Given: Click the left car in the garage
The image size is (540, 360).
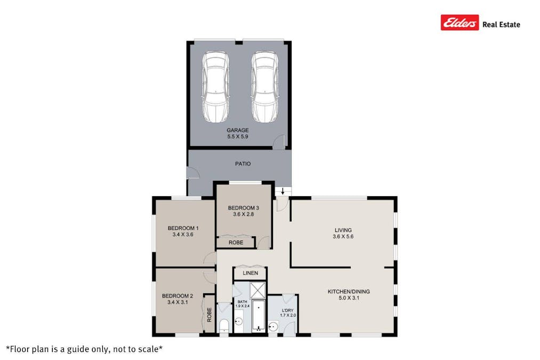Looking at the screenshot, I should (215, 87).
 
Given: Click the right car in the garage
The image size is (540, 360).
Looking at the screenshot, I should (264, 87).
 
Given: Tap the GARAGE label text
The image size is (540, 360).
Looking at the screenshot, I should (238, 130).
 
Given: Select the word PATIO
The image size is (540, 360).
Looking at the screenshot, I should (243, 164).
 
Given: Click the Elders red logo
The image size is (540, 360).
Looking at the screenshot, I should (460, 23).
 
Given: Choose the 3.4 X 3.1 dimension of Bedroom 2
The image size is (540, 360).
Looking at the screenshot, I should (177, 302).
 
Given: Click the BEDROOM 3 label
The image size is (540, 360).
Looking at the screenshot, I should (243, 207).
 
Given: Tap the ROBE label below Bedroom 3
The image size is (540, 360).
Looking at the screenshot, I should (236, 242).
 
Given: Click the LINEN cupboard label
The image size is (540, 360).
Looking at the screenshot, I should (250, 273).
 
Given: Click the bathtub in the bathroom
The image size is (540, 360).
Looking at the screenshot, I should (259, 317).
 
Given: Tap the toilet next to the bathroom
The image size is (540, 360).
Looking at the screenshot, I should (224, 325).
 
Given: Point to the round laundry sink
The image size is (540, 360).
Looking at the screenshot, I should (274, 326).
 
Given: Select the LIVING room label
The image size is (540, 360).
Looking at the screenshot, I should (343, 230).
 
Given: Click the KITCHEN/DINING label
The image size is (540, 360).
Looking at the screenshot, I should (348, 291).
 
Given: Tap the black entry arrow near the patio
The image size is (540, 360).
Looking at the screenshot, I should (283, 191).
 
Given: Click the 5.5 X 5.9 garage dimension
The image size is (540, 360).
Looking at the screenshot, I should (238, 137).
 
